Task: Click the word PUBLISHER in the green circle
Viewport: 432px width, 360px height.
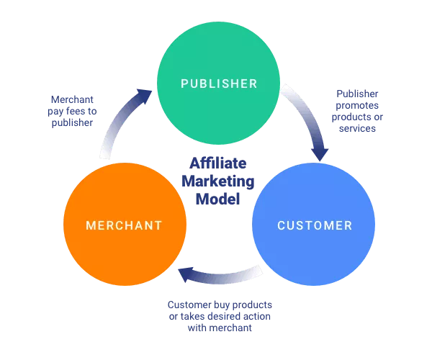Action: point(218,84)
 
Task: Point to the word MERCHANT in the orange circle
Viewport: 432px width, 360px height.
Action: point(124,225)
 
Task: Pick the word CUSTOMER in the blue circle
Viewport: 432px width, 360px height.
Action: point(315,225)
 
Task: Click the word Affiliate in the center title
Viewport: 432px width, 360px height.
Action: point(218,163)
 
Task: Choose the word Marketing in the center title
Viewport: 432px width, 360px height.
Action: point(218,181)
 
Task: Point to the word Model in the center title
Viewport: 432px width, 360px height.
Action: point(218,198)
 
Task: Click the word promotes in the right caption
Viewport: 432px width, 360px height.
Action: point(357,105)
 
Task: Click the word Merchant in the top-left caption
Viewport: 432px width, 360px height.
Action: point(72,99)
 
